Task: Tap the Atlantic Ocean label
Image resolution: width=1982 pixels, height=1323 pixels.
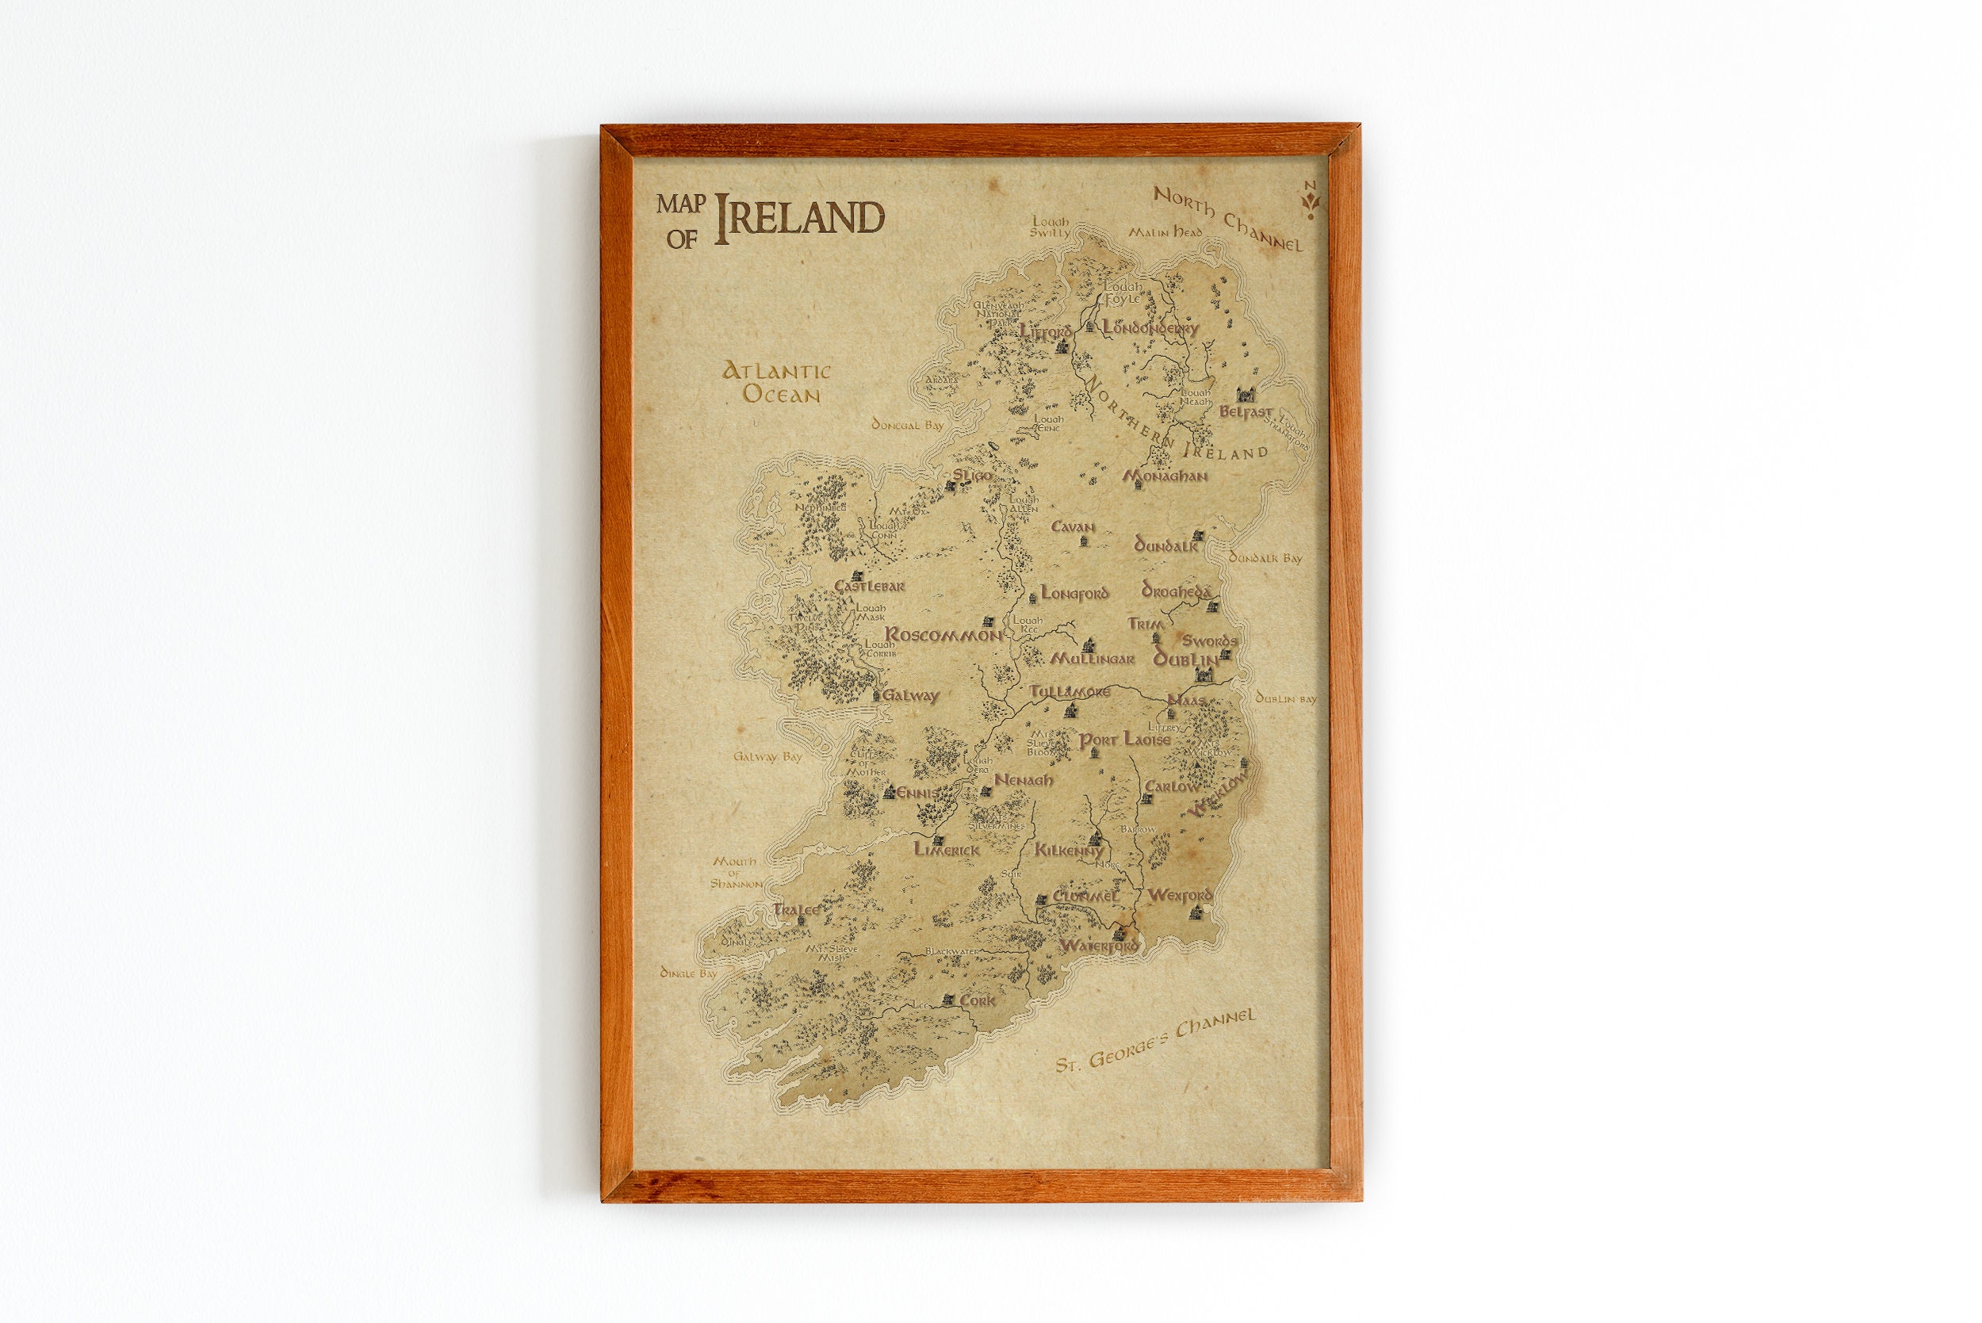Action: (777, 382)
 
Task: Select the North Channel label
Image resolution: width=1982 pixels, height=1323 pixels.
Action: (1228, 220)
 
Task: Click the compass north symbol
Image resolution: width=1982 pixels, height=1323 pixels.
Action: (1310, 200)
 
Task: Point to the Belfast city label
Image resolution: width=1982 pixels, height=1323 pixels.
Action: (1245, 412)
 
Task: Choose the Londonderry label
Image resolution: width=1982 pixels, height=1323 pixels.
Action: (1150, 328)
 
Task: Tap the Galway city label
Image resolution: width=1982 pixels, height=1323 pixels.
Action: (910, 696)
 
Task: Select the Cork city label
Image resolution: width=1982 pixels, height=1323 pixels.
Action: (977, 1000)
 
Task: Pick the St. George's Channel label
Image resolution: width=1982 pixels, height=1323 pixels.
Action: (1156, 1040)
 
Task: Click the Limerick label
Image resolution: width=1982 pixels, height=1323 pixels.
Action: (947, 850)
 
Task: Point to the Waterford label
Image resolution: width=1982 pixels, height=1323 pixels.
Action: (1098, 946)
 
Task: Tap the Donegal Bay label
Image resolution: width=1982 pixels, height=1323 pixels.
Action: (907, 425)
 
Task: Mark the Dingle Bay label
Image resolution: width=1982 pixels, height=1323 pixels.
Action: (687, 973)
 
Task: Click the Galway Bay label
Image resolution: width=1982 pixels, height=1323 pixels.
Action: (767, 757)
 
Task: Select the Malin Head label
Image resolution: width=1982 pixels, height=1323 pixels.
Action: (1165, 232)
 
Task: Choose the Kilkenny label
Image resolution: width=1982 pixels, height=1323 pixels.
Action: (1068, 851)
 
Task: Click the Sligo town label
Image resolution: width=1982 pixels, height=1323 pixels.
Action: (973, 476)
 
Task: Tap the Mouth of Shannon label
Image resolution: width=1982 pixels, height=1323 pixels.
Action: (736, 873)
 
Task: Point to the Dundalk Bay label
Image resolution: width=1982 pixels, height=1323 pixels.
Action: (1265, 558)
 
